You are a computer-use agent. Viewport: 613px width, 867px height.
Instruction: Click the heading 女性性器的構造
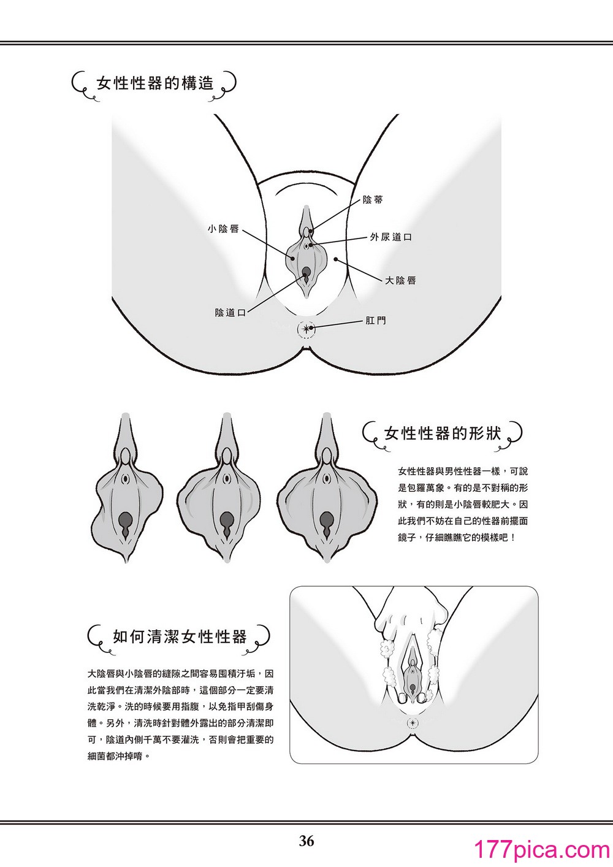[155, 83]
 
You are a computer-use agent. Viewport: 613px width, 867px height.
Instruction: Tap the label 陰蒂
[373, 200]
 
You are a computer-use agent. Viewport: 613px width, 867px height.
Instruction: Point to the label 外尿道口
[391, 237]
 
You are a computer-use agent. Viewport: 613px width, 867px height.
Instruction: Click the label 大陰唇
[400, 280]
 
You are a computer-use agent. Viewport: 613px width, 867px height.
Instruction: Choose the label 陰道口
[230, 312]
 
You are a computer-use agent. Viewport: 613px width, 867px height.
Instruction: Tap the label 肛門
[376, 321]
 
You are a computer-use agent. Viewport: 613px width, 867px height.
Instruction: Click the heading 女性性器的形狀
[443, 433]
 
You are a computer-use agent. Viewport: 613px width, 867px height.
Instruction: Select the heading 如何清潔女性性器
[180, 636]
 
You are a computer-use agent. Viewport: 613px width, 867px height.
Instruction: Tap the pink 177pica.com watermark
[542, 850]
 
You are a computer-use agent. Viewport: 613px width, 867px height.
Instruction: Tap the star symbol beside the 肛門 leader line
[306, 329]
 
